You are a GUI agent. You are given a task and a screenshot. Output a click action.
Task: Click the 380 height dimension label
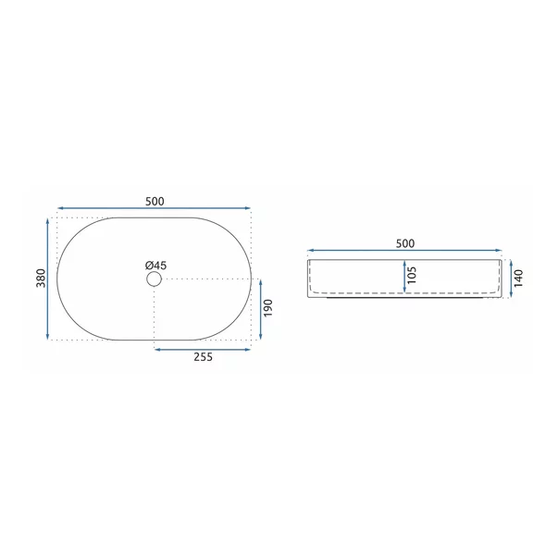(x=42, y=278)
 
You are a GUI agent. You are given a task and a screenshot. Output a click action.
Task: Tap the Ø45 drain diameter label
(x=155, y=266)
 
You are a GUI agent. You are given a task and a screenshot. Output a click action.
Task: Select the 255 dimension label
(x=203, y=357)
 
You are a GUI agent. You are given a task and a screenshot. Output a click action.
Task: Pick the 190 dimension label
(x=267, y=308)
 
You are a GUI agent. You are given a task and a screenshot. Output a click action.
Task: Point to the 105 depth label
(x=412, y=275)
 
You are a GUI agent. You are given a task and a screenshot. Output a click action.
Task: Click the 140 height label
(x=518, y=279)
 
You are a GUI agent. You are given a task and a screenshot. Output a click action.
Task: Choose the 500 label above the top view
(x=155, y=202)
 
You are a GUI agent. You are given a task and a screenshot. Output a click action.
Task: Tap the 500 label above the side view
(x=405, y=243)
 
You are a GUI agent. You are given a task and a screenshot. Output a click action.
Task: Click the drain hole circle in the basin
(x=155, y=279)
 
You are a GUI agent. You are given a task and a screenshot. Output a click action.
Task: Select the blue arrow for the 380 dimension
(x=48, y=279)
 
